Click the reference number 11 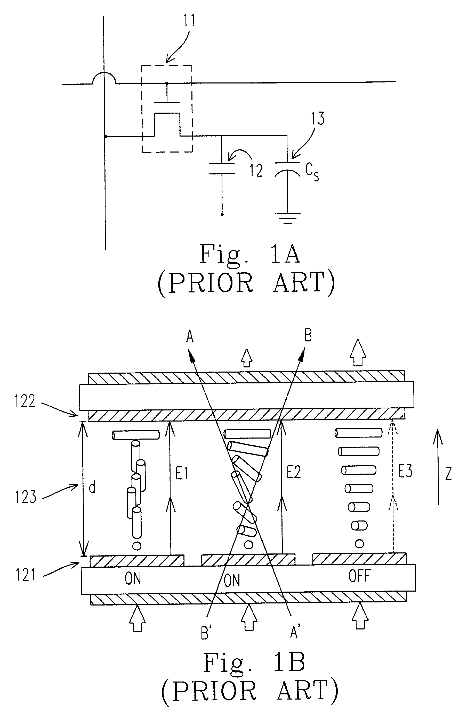tap(189, 20)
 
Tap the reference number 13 tap(317, 119)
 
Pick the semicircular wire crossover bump tap(104, 78)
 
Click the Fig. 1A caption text tap(250, 254)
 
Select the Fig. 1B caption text tap(254, 662)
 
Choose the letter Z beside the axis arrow tap(448, 474)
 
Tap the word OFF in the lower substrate tap(359, 576)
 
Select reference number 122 tap(25, 401)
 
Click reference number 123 tap(26, 497)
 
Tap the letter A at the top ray tap(190, 337)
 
